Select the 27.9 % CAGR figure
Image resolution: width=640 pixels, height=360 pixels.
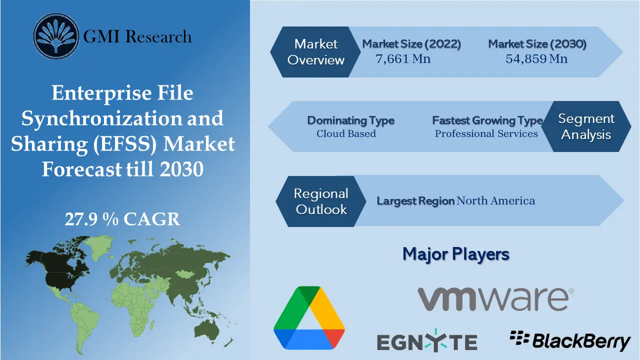click(x=122, y=219)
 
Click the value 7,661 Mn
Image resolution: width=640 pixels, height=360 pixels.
click(x=403, y=59)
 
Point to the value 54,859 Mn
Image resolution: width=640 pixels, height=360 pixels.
click(x=536, y=59)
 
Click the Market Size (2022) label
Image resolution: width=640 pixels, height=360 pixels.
click(x=411, y=44)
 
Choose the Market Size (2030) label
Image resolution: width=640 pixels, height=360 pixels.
click(x=537, y=44)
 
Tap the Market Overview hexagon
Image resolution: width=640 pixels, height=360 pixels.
click(x=316, y=52)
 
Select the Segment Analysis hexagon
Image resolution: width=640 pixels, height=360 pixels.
click(x=586, y=126)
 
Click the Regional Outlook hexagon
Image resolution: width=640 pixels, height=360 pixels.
click(x=320, y=201)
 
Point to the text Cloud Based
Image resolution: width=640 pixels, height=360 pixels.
click(x=346, y=133)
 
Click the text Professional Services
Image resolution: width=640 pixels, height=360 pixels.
click(x=486, y=133)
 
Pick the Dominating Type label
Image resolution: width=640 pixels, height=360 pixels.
click(x=350, y=120)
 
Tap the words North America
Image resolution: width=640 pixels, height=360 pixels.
click(x=495, y=201)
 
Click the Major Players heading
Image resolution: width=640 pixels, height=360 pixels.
click(x=455, y=254)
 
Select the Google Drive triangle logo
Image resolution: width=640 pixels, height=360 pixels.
click(x=309, y=317)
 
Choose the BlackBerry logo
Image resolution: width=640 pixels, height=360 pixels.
click(x=570, y=340)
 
